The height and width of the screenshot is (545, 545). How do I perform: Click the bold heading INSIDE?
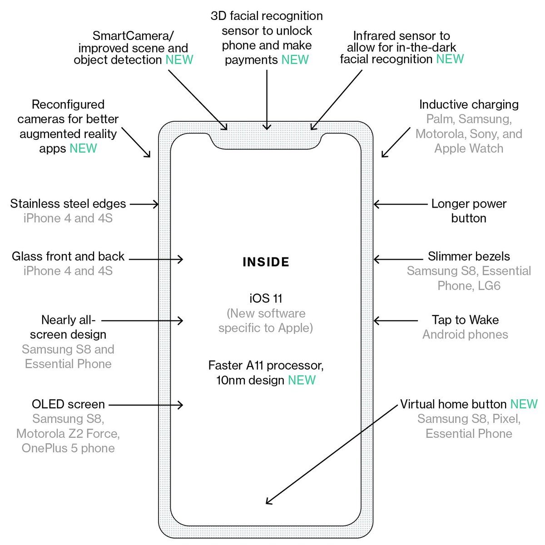(x=266, y=262)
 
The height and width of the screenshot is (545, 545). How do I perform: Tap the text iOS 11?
(x=266, y=298)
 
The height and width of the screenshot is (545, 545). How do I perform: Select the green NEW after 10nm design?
(x=302, y=380)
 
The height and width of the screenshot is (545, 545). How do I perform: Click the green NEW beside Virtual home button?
(x=524, y=404)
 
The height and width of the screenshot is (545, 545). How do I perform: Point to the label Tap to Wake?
(x=465, y=320)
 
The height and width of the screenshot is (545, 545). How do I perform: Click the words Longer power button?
(x=469, y=211)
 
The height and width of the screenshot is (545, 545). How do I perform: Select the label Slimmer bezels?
(x=469, y=256)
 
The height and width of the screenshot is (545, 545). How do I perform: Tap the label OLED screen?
(x=68, y=404)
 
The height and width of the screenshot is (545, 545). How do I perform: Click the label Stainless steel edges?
(x=68, y=203)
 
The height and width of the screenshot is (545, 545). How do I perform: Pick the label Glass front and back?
(x=68, y=256)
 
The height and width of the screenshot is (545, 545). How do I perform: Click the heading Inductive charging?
(x=469, y=104)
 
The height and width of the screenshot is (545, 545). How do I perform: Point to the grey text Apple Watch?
(x=469, y=149)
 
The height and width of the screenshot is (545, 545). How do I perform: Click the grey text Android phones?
(x=465, y=335)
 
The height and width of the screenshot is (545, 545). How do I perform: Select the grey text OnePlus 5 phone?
(x=68, y=448)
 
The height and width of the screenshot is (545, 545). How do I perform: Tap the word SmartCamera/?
(x=133, y=35)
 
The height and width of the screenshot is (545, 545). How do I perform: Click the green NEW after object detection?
(x=179, y=59)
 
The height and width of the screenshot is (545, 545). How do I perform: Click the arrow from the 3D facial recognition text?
(x=267, y=100)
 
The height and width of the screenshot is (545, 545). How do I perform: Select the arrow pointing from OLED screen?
(x=145, y=405)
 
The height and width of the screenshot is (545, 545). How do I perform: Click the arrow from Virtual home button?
(x=332, y=454)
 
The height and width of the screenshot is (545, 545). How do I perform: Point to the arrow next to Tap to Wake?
(x=395, y=321)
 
